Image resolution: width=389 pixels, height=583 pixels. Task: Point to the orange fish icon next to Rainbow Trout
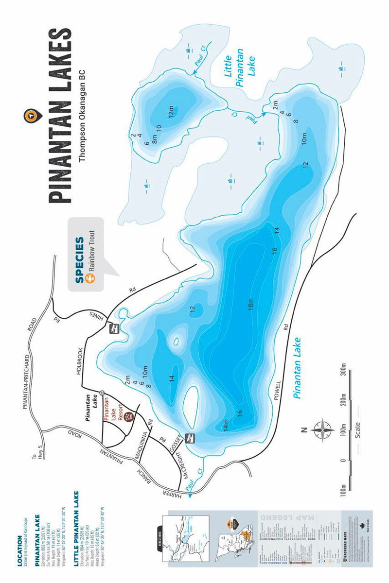point(90,278)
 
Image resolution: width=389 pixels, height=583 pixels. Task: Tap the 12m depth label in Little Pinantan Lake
point(171,114)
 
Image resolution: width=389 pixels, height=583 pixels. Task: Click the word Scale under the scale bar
point(358,429)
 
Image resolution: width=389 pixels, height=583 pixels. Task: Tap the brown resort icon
point(127,416)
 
